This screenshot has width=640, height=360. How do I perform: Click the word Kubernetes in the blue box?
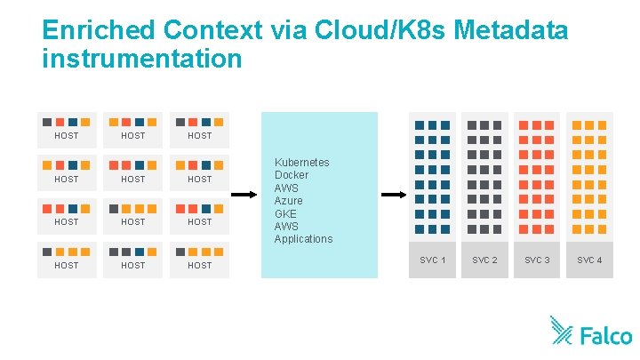click(x=301, y=163)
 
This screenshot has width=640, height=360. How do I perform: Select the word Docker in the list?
click(x=292, y=175)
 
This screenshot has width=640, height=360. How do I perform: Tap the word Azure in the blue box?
click(x=289, y=201)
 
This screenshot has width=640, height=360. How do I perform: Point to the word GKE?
click(x=285, y=213)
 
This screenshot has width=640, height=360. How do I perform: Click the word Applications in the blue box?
click(x=303, y=239)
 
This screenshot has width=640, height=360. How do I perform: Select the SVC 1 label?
click(x=432, y=260)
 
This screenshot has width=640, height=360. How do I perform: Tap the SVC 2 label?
click(x=484, y=260)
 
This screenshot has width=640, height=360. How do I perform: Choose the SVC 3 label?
click(x=537, y=260)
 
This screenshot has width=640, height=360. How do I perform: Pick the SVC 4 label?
click(x=589, y=260)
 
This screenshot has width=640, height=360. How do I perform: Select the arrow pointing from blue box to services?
click(x=393, y=194)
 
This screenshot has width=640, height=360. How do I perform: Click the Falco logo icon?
click(x=561, y=330)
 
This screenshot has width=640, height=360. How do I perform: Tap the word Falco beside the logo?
click(x=606, y=336)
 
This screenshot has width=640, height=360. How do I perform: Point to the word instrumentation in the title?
click(x=141, y=59)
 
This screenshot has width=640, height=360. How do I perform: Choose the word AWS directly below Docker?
click(x=286, y=188)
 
